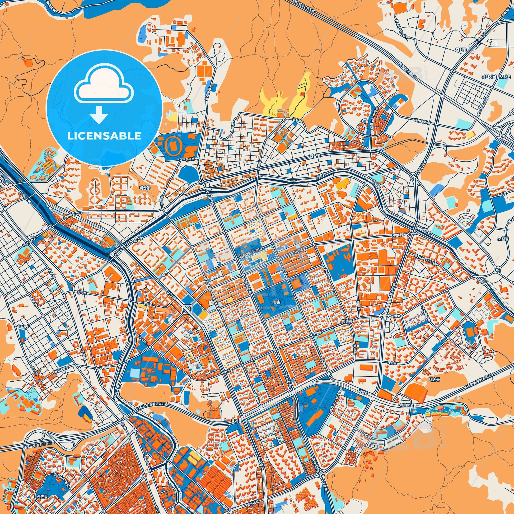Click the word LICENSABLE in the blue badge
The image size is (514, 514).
(x=104, y=136)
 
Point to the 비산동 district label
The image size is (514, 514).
(x=144, y=188)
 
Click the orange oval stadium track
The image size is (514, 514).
(x=174, y=144)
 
